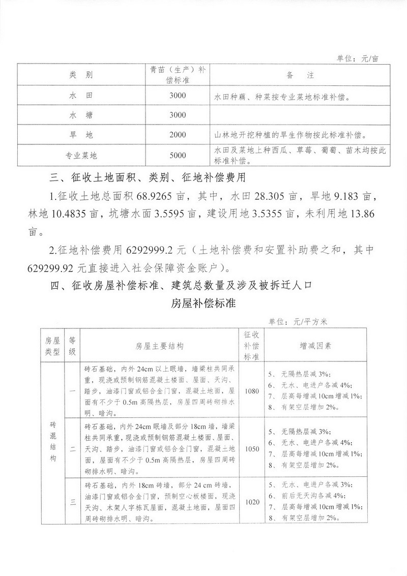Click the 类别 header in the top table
click(x=81, y=75)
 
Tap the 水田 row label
click(x=81, y=96)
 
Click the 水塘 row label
click(x=81, y=115)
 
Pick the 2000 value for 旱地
click(x=178, y=136)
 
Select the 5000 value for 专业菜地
click(x=178, y=156)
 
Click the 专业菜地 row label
click(x=81, y=156)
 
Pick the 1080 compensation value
click(x=252, y=391)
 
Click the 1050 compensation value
click(x=252, y=449)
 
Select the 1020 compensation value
click(x=252, y=502)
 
